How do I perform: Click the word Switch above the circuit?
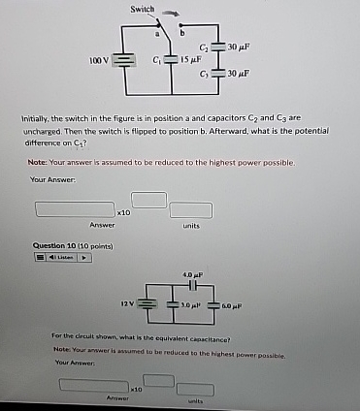point(143,9)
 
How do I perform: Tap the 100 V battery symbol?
point(122,60)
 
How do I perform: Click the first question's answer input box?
point(73,208)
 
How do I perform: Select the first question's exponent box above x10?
point(148,199)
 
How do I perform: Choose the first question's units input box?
point(189,209)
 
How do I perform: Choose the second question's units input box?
point(195,388)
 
